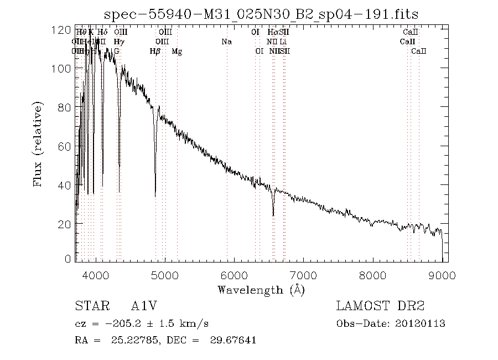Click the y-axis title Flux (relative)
coord(38,144)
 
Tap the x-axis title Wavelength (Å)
coord(261,289)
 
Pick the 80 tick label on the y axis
coord(64,107)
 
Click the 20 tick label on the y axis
coord(64,223)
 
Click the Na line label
coord(226,42)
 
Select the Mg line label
coord(177,52)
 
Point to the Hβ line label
coord(155,52)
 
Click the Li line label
coord(283,42)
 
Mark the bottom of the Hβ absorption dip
coord(155,196)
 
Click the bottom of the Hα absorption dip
coord(273,215)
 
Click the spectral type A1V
coord(142,306)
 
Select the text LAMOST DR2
coord(380,306)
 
